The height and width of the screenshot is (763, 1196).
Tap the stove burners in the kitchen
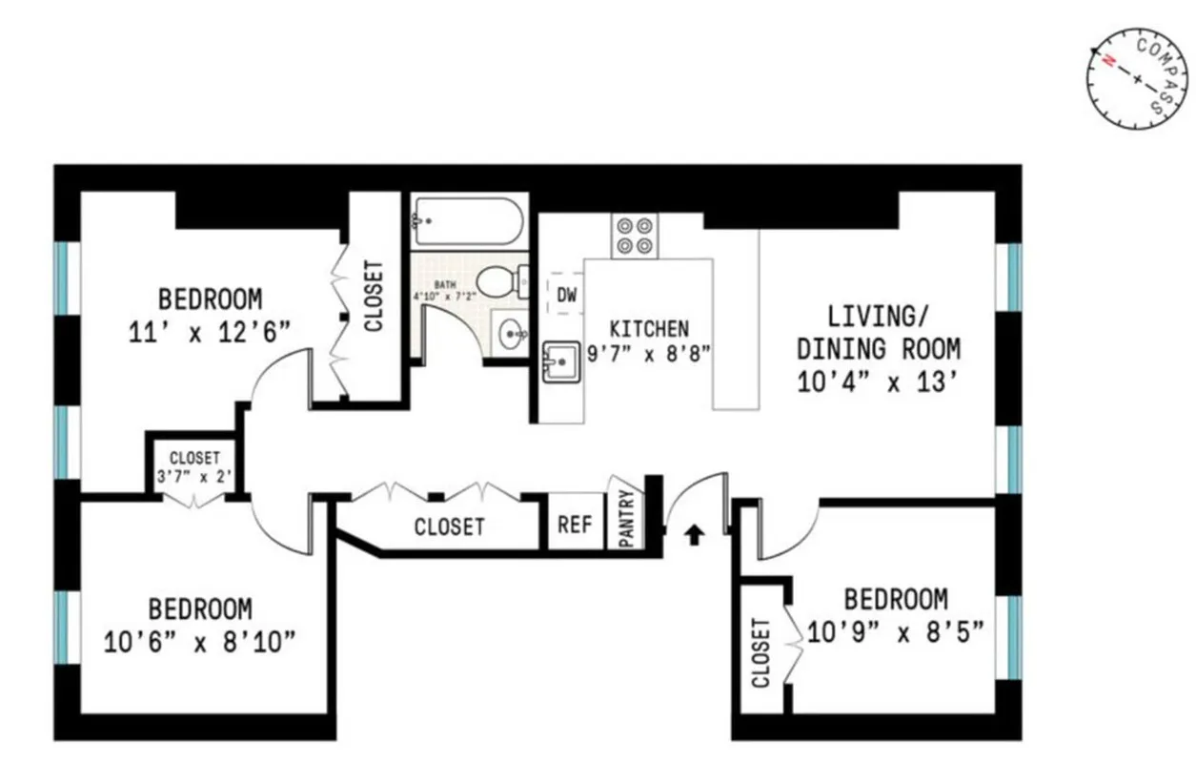point(636,235)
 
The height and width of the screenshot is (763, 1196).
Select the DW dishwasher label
point(567,297)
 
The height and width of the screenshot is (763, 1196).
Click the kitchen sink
point(560,362)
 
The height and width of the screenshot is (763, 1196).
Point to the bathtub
point(468,222)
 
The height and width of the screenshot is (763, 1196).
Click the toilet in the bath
point(499,281)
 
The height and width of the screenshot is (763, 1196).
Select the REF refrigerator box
point(575,524)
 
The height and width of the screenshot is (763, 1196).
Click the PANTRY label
point(626,520)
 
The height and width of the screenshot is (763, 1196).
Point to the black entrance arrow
point(695,535)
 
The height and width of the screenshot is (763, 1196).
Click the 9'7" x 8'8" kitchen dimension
point(649,353)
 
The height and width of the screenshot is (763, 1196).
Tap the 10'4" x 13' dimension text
point(878,382)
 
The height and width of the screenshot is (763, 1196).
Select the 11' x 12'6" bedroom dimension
point(210,332)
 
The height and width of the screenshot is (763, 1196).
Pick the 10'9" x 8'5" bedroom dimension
point(895,630)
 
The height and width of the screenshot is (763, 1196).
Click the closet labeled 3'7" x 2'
point(194,466)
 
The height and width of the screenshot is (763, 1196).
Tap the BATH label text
point(445,285)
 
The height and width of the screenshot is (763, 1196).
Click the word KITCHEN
point(649,329)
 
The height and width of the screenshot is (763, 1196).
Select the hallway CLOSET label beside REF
point(449,526)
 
